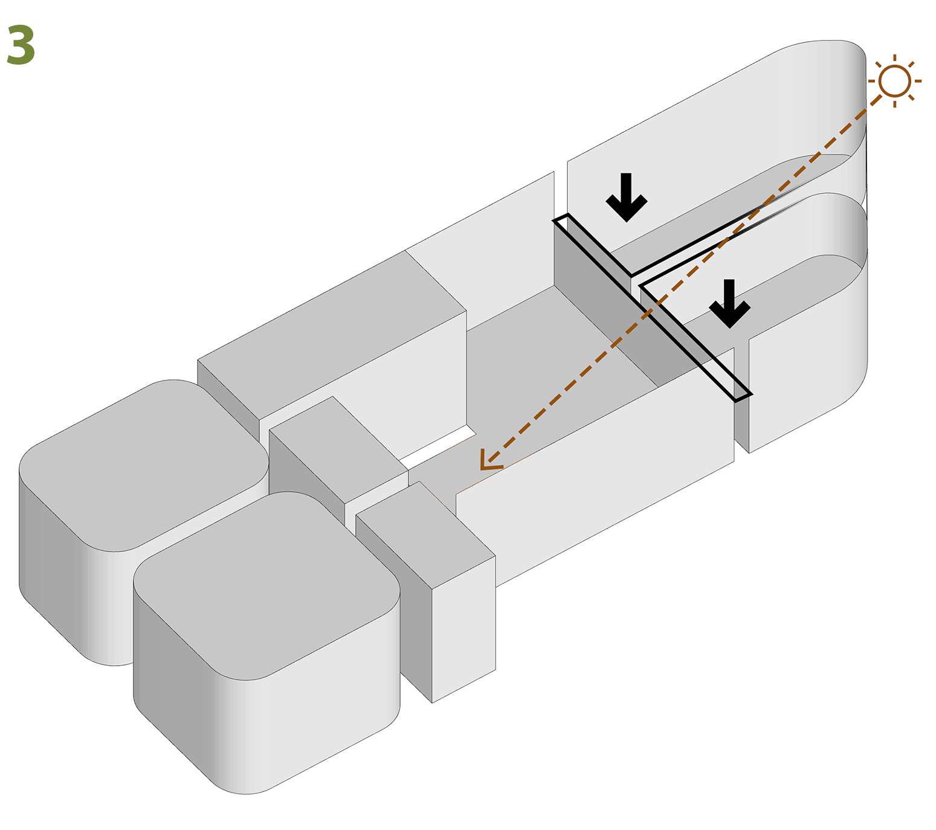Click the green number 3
click(21, 46)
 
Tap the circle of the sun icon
click(894, 81)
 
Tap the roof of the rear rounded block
click(145, 465)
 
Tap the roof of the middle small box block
click(338, 447)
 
